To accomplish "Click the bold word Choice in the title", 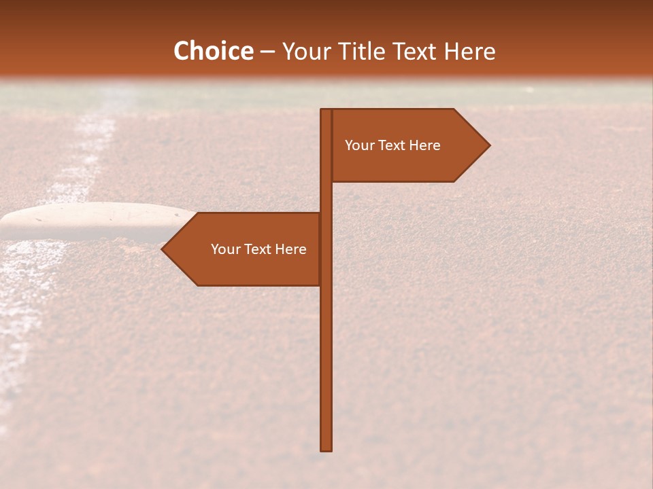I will point(213,52).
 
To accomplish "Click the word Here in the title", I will point(470,52).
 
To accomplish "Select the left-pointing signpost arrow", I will point(245,249).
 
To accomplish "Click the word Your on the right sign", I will point(359,145).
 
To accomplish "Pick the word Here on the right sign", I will point(424,145).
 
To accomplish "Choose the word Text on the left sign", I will point(258,249).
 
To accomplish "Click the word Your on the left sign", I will point(225,249).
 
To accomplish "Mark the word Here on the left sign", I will point(290,249).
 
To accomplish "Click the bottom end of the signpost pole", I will point(326,448).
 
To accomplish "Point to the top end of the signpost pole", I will point(326,112).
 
